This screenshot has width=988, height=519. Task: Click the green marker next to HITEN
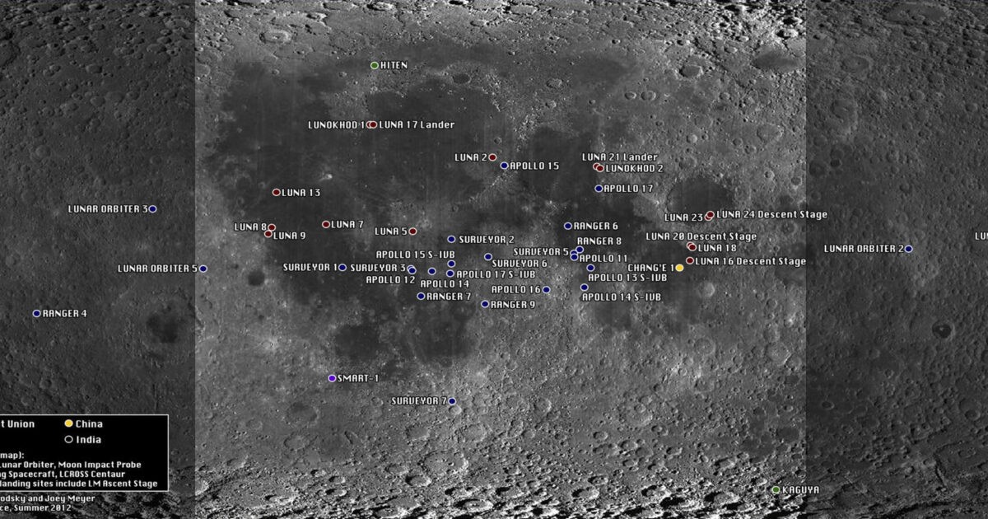click(375, 65)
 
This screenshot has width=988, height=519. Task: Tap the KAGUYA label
click(801, 490)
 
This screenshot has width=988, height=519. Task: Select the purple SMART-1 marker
click(332, 378)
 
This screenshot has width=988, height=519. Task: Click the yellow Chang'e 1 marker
click(679, 268)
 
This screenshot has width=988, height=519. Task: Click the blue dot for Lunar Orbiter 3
click(152, 209)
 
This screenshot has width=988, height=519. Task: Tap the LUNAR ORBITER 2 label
click(863, 249)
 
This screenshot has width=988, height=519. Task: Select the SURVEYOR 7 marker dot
click(452, 401)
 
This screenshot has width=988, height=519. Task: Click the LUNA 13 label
click(301, 193)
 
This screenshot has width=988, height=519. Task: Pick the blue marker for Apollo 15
click(504, 166)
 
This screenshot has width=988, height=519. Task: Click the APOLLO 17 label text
click(629, 189)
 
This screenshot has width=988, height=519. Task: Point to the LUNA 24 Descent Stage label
click(772, 215)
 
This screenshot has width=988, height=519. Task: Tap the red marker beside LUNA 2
click(492, 157)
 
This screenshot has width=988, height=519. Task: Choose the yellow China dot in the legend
click(69, 423)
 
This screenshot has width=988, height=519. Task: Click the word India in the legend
click(89, 440)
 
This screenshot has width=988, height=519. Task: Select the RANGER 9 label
click(513, 305)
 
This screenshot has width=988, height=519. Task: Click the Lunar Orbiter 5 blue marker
click(203, 269)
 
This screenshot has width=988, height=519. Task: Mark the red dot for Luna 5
click(412, 231)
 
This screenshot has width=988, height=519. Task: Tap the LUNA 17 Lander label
click(417, 125)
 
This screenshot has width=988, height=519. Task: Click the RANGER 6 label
click(596, 226)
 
